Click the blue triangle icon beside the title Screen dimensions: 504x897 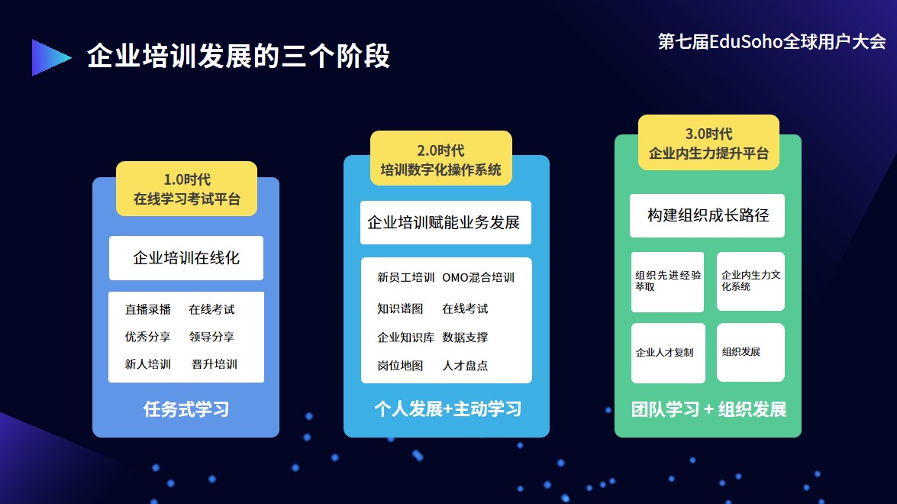tap(49, 57)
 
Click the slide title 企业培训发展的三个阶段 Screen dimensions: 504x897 tap(238, 57)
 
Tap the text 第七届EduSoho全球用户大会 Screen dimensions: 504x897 tap(772, 42)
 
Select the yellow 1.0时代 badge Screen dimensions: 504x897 tap(186, 189)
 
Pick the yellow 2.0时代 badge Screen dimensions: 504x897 tap(440, 159)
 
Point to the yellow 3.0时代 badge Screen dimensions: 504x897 tap(708, 143)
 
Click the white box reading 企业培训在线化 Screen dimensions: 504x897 tap(186, 258)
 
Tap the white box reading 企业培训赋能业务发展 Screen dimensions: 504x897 tap(445, 222)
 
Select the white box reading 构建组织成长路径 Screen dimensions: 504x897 tap(707, 215)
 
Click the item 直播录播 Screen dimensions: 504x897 tap(148, 309)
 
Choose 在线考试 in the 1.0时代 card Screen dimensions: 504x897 tap(211, 309)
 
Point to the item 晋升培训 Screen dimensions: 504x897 tap(215, 364)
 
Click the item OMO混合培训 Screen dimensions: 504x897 tap(478, 277)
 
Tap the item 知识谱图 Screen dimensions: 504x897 tap(400, 309)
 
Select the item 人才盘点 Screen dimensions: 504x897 tap(465, 365)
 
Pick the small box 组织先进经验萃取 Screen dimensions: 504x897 tap(667, 281)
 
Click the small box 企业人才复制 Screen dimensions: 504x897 tap(667, 353)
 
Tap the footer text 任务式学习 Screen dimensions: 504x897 tap(186, 409)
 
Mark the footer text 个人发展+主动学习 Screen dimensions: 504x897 tap(447, 409)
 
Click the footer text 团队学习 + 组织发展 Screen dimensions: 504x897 tap(708, 409)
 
